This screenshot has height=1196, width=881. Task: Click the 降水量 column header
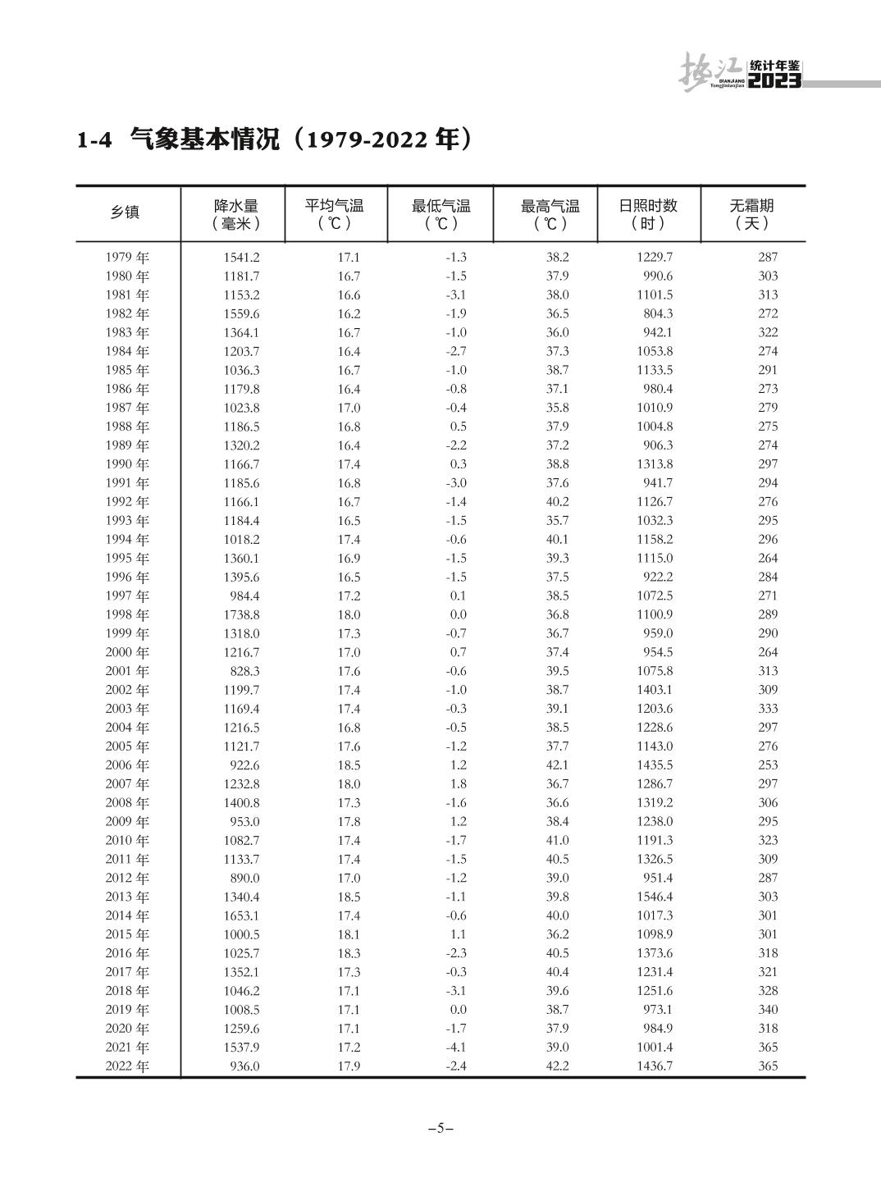click(236, 213)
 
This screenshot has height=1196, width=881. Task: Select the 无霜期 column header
click(751, 213)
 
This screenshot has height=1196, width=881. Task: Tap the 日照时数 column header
click(648, 213)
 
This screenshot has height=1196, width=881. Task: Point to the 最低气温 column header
click(440, 213)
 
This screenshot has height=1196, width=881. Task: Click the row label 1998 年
click(127, 614)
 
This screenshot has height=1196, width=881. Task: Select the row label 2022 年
click(127, 1066)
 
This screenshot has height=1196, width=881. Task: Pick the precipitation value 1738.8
click(241, 614)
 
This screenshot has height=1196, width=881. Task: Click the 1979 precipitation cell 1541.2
click(241, 257)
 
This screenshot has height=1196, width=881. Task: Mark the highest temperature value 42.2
click(557, 1066)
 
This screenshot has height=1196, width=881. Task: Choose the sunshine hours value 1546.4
click(654, 897)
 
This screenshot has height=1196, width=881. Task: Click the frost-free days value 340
click(768, 1009)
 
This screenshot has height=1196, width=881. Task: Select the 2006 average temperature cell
click(349, 765)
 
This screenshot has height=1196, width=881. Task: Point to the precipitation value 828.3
click(244, 671)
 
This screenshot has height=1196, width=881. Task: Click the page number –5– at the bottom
click(440, 1127)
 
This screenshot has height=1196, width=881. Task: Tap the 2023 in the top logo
click(774, 80)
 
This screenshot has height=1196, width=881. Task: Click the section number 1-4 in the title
click(94, 140)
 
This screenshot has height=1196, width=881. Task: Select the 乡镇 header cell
click(126, 212)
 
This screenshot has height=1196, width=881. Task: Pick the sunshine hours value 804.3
click(658, 313)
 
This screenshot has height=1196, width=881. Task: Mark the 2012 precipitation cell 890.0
click(244, 878)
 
